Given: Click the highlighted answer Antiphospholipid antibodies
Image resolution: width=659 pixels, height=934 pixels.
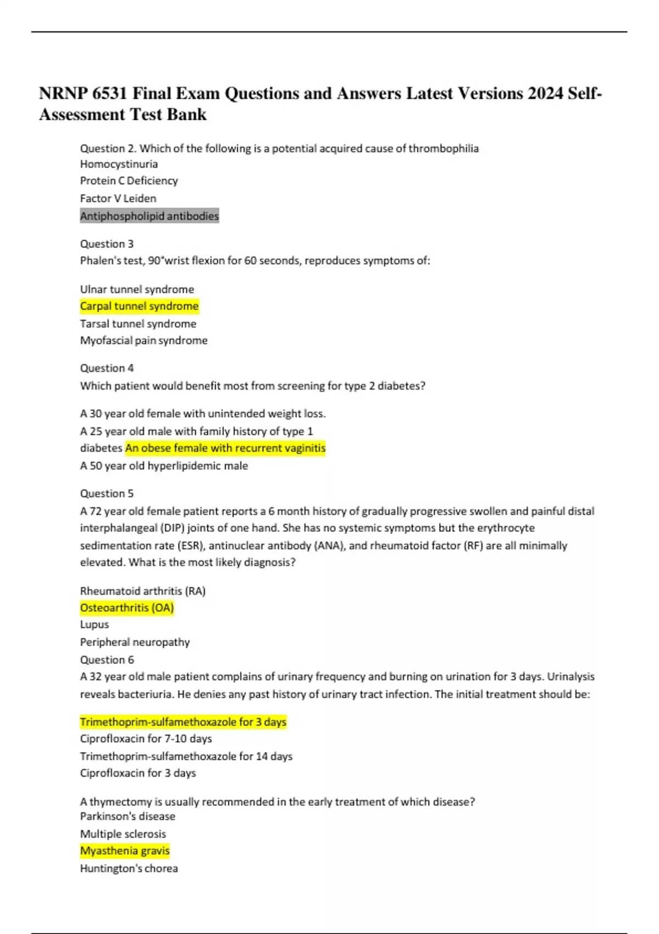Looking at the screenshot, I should (149, 216).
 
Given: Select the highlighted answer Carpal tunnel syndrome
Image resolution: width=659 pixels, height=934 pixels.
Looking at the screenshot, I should (139, 306).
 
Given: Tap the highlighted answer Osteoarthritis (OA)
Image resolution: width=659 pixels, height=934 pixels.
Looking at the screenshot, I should (127, 608).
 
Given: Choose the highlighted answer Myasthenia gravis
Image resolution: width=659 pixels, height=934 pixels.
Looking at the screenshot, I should (125, 850).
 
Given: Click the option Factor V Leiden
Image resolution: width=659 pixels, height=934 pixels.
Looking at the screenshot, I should (118, 198).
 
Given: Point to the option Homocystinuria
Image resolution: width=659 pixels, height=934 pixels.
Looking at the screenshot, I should (119, 164).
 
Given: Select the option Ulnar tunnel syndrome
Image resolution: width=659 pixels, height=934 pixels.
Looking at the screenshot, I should (137, 289).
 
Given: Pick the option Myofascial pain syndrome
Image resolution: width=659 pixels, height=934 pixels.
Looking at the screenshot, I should (144, 340).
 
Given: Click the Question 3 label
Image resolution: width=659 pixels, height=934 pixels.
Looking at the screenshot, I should (107, 243).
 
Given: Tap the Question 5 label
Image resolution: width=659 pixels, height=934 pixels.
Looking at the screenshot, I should (107, 493).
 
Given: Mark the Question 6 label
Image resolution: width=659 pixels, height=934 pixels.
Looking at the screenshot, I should (107, 659).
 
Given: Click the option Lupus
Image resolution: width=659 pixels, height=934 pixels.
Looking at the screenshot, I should (94, 624).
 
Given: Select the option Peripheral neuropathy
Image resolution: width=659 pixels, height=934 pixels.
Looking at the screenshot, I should (135, 642).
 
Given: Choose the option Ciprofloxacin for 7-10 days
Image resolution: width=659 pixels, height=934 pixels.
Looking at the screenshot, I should (146, 738).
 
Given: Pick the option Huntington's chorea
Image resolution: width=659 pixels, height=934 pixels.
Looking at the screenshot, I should (129, 868).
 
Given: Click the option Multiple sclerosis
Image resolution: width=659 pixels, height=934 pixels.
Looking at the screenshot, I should (123, 833).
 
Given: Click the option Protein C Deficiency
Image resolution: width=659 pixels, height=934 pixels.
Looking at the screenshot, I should (129, 181).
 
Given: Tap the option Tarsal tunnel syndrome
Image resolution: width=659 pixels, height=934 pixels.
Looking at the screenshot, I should (138, 324).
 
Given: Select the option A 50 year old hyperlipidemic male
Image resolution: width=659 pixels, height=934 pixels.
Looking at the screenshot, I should (164, 465).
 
